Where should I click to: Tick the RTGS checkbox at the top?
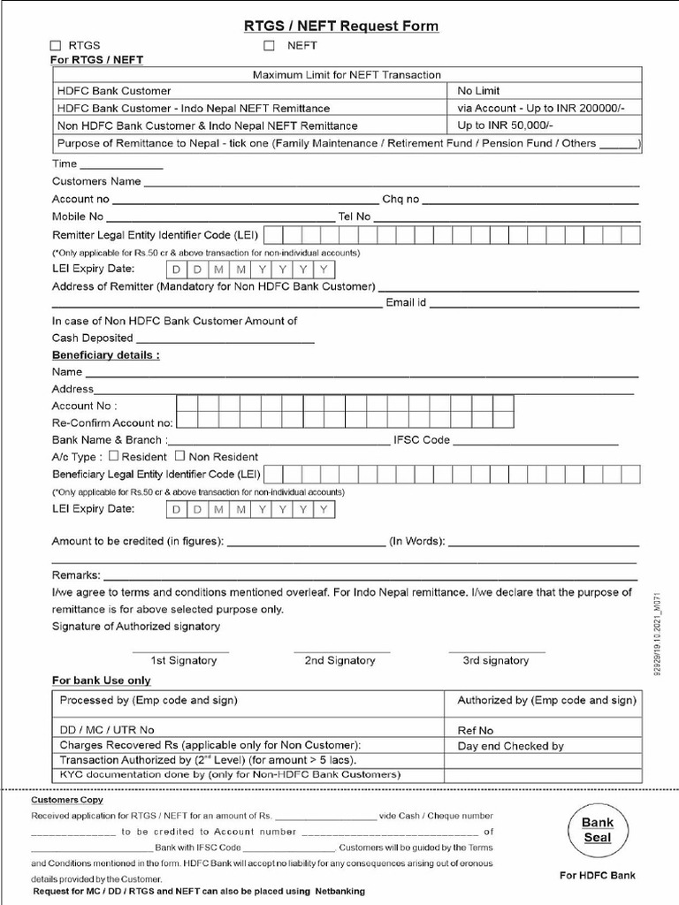pos(57,45)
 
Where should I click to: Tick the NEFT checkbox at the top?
pos(269,45)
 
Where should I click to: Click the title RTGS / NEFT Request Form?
pos(340,26)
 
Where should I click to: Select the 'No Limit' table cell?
pos(478,90)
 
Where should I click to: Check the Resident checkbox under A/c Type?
pos(113,456)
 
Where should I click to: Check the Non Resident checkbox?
pos(179,456)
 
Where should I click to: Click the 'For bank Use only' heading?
pos(101,681)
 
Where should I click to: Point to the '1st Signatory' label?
pos(180,660)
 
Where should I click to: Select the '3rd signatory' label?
pos(495,660)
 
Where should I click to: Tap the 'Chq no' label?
pos(401,200)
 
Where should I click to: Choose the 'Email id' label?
pos(406,303)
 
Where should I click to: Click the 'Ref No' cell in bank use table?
pos(476,730)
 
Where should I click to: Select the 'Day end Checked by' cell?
pos(510,746)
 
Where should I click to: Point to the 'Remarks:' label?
pos(76,574)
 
